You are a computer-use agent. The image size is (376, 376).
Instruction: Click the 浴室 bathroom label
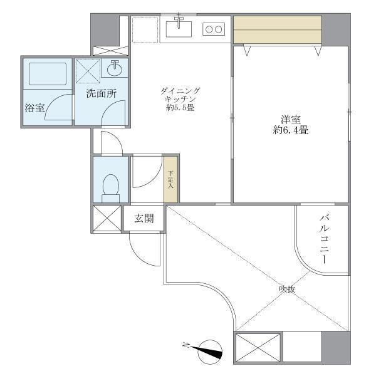[34, 108]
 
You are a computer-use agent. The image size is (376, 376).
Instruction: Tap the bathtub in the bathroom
[48, 74]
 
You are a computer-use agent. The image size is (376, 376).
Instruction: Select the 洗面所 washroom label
[102, 93]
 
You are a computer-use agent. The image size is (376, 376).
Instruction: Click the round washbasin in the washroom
[115, 69]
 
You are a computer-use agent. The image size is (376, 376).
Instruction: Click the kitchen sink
[179, 29]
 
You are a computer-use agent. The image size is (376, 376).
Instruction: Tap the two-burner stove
[214, 29]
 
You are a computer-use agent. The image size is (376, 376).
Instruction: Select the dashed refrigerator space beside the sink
[145, 30]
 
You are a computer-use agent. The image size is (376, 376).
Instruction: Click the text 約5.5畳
[180, 108]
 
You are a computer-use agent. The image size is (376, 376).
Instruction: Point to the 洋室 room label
[291, 120]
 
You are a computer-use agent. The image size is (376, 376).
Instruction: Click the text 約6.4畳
[291, 130]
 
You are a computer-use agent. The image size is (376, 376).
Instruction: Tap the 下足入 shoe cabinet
[170, 179]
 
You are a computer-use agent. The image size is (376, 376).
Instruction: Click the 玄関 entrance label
[144, 219]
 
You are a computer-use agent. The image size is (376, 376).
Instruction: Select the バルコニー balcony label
[324, 239]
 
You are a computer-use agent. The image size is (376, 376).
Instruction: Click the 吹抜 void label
[287, 290]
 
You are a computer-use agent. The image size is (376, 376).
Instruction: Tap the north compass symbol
[210, 352]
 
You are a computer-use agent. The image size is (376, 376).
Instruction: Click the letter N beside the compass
[186, 345]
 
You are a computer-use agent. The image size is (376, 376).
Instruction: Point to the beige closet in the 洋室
[278, 29]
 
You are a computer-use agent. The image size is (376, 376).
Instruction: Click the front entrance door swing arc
[142, 254]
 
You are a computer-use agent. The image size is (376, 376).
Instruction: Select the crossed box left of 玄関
[107, 219]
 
